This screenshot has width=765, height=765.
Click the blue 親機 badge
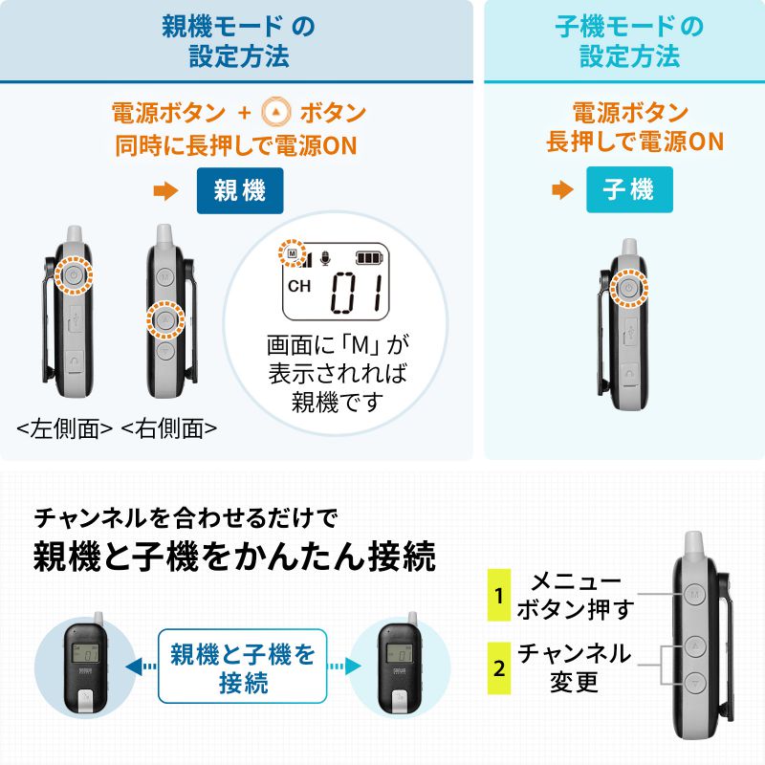point(240,190)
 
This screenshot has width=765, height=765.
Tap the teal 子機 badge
point(629,189)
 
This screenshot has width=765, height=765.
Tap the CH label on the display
point(299,287)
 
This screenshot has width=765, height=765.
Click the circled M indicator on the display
point(292,254)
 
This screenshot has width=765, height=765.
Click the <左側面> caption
point(66,429)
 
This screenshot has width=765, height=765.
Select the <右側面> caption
point(169,429)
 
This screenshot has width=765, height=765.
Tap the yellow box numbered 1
point(498,595)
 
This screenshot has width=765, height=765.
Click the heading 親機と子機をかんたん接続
point(234,557)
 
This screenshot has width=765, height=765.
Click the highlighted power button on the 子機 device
point(628,287)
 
